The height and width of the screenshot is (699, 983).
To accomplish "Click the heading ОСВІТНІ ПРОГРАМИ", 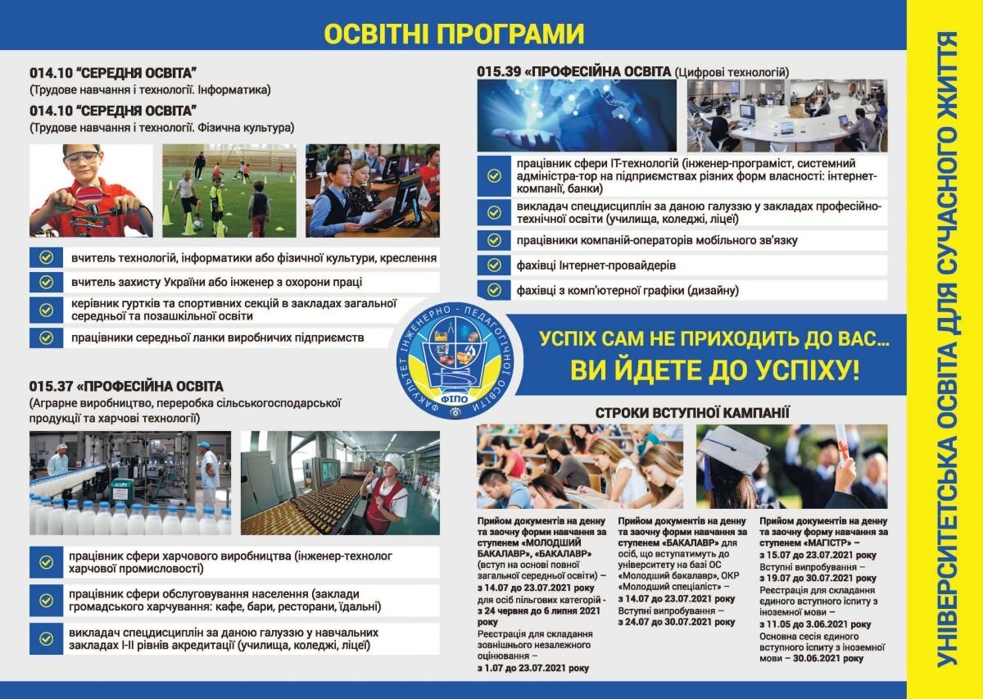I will tap(454, 34).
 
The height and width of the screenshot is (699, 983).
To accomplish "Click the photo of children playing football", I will tap(229, 191).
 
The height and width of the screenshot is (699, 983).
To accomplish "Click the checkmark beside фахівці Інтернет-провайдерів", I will tap(494, 266).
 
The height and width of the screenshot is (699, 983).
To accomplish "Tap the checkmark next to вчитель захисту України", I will tap(46, 282).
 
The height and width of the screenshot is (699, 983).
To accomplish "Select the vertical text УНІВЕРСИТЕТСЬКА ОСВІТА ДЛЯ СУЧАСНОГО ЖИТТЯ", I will tap(948, 348).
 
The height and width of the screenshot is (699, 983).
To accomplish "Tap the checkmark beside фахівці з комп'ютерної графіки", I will tap(494, 290).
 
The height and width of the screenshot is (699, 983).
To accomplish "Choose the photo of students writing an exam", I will tap(579, 467).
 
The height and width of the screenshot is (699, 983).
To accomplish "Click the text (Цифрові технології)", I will tap(732, 73).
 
